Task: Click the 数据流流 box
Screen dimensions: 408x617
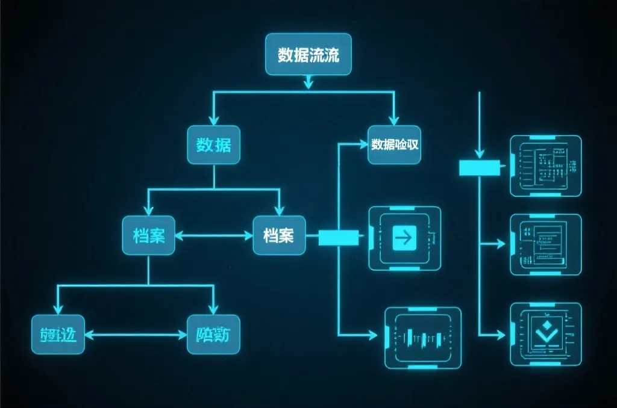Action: pos(308,55)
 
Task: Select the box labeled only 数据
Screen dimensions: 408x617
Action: pos(213,145)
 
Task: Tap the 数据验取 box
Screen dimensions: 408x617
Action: pos(395,145)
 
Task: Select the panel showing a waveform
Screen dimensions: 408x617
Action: pos(422,337)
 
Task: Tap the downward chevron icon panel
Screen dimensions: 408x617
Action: pos(546,333)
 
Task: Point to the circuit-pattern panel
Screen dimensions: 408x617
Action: pos(546,165)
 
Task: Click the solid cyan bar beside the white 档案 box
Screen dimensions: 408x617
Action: pos(338,238)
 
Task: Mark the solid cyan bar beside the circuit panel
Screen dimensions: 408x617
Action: pos(480,168)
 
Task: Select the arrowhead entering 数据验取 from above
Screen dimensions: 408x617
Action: pos(394,120)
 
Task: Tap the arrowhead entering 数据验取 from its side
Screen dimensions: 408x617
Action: pos(363,144)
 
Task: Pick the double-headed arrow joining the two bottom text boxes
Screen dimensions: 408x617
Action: pos(136,333)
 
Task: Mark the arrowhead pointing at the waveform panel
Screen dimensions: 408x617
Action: pos(378,334)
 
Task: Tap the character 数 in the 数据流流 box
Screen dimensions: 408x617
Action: pos(285,55)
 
